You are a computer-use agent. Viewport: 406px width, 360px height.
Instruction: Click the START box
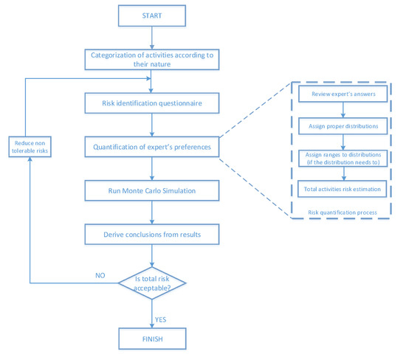point(151,15)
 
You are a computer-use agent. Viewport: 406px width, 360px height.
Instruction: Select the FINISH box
point(151,339)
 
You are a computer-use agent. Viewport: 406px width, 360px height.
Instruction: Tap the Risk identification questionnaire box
point(151,103)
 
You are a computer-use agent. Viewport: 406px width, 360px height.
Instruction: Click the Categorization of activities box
point(151,58)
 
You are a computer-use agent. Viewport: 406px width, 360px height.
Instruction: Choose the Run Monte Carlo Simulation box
point(151,190)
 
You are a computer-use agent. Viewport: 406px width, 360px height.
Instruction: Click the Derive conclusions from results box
point(151,235)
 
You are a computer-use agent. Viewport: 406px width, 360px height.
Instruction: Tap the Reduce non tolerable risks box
point(30,146)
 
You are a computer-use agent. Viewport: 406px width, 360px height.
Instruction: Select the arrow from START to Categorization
point(151,35)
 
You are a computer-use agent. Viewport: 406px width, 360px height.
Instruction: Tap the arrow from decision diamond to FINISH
point(151,313)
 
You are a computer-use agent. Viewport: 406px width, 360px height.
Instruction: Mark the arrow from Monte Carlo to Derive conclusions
point(151,212)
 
